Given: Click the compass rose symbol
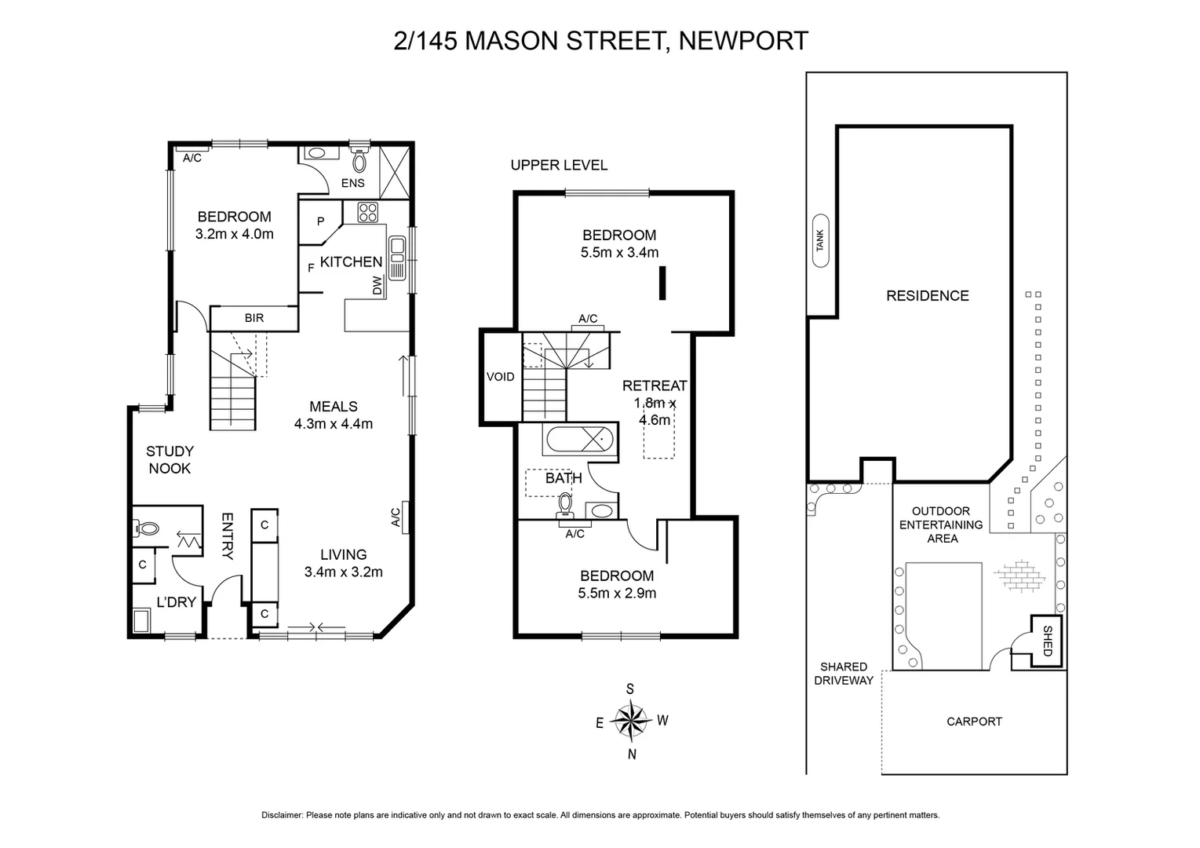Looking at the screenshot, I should tap(631, 721).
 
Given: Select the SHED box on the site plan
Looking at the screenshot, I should tap(1046, 641).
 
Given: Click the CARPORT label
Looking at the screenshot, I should tap(974, 722).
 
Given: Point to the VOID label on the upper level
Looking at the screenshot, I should tap(500, 377).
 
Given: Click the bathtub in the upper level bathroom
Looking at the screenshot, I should tap(578, 440).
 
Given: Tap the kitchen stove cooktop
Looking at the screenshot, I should tap(367, 212).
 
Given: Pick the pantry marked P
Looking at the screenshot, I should tap(320, 221).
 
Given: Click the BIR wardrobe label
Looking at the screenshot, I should tap(253, 318).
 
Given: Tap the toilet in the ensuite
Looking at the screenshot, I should tap(359, 162).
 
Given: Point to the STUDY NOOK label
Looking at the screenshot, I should tap(170, 460).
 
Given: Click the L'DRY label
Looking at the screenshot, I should tap(176, 603).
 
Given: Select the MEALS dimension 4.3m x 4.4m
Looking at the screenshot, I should tap(334, 424).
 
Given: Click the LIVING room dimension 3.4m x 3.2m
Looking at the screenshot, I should tap(344, 572).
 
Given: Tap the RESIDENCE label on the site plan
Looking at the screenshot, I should tap(927, 296).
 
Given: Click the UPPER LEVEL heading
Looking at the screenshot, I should tap(559, 165).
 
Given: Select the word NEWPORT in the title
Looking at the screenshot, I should tap(742, 41).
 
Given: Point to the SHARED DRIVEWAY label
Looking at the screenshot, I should tap(844, 674).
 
